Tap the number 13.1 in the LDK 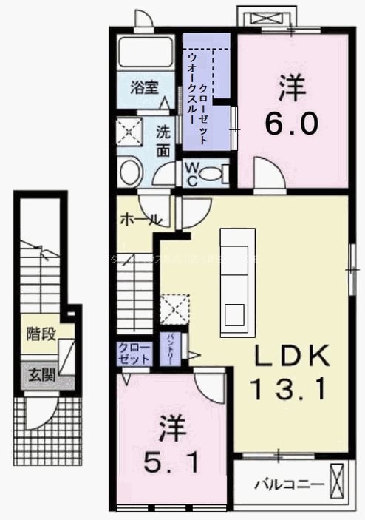tap(290, 386)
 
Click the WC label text tap(190, 174)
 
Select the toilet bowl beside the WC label tap(214, 175)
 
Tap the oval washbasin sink tap(132, 171)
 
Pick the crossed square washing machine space tap(132, 132)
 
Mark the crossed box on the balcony tap(338, 480)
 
